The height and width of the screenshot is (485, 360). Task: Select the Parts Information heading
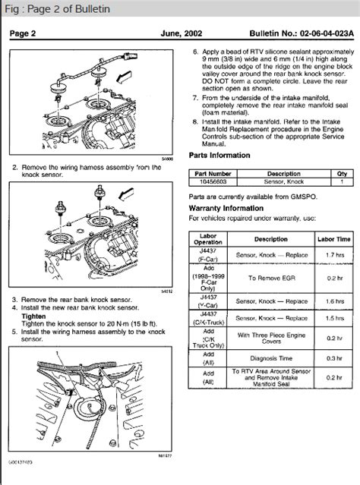pos(219,155)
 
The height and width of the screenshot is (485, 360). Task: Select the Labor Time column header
pos(333,238)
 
